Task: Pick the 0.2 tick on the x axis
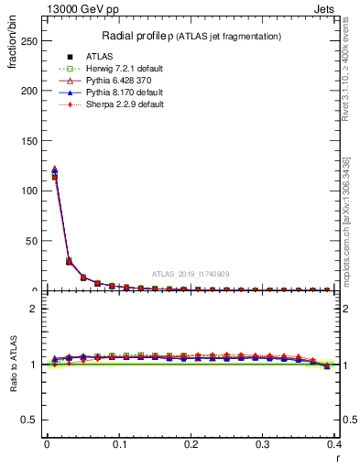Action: tap(191, 444)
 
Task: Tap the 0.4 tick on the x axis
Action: tap(334, 444)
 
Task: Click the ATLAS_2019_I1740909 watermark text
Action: tap(191, 274)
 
